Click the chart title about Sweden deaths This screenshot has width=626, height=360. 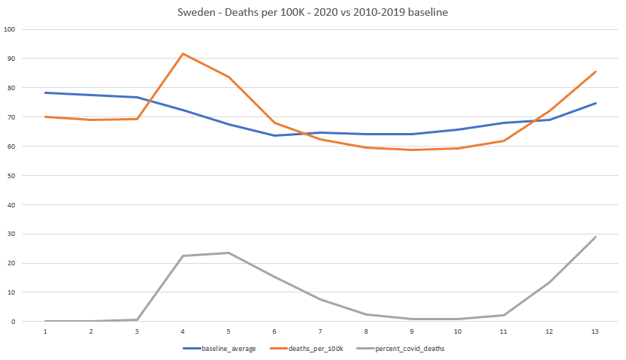(x=313, y=13)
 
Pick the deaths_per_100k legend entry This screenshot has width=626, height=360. (x=313, y=349)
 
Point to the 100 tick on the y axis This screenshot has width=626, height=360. (x=10, y=29)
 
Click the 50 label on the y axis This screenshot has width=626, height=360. (x=11, y=175)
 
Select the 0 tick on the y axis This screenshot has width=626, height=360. (x=14, y=321)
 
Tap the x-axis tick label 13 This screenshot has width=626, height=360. (x=595, y=331)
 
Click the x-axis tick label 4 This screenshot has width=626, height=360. (x=183, y=331)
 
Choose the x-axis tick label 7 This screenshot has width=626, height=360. (x=320, y=331)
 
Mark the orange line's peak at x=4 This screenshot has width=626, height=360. (x=183, y=54)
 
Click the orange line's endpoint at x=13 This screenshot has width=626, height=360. (x=595, y=72)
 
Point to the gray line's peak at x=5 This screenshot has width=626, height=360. (x=228, y=253)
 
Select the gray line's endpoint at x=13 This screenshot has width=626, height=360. (x=595, y=237)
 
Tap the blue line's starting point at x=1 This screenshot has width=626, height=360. (x=45, y=92)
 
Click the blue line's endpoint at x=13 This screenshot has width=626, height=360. (x=595, y=103)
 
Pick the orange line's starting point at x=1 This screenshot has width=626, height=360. (x=45, y=116)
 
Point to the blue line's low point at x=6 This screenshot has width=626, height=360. (x=274, y=135)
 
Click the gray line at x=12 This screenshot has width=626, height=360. (x=549, y=282)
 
